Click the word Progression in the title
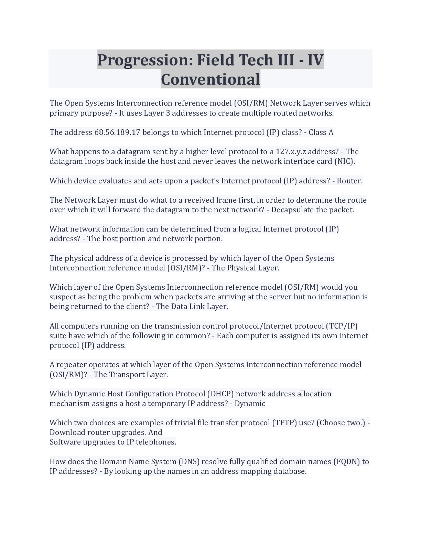click(x=143, y=60)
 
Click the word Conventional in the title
click(x=210, y=79)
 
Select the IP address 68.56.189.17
click(x=117, y=132)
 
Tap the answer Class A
click(x=321, y=132)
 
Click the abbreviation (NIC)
click(x=344, y=161)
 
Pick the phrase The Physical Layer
click(x=246, y=268)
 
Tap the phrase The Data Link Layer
click(x=192, y=307)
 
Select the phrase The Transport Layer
click(x=131, y=374)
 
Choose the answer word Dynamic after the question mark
click(x=250, y=403)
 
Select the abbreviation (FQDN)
click(x=347, y=461)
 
